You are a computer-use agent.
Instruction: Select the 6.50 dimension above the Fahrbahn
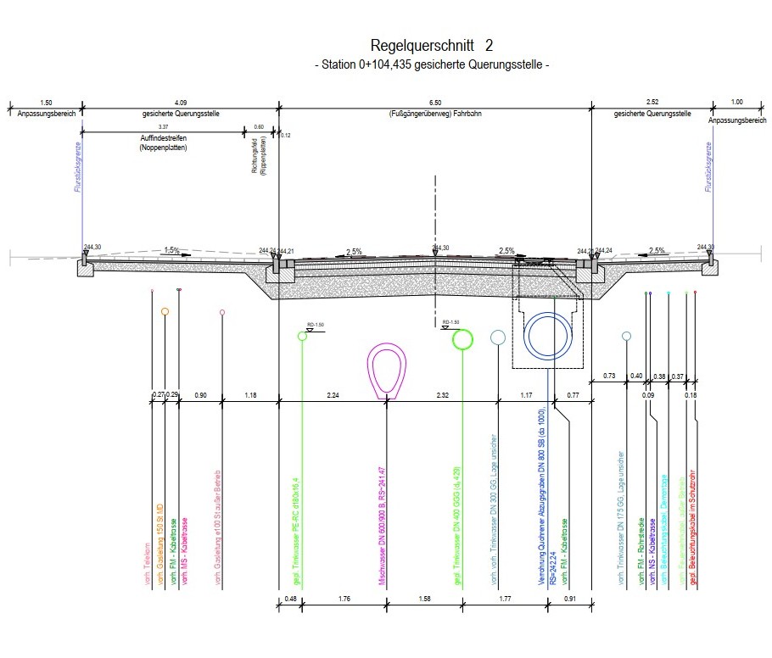435,103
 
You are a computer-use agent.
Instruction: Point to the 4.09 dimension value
180,103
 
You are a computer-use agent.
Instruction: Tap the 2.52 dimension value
652,103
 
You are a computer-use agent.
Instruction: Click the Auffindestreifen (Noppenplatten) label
163,142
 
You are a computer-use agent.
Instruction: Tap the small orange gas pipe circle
165,312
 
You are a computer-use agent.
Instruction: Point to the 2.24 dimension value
333,395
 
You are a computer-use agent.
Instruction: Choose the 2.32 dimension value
443,395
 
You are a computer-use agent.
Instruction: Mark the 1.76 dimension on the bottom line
344,600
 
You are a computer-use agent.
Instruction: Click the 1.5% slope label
171,250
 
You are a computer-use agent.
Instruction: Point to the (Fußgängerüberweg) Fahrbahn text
435,113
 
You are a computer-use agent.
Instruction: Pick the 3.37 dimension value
163,126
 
